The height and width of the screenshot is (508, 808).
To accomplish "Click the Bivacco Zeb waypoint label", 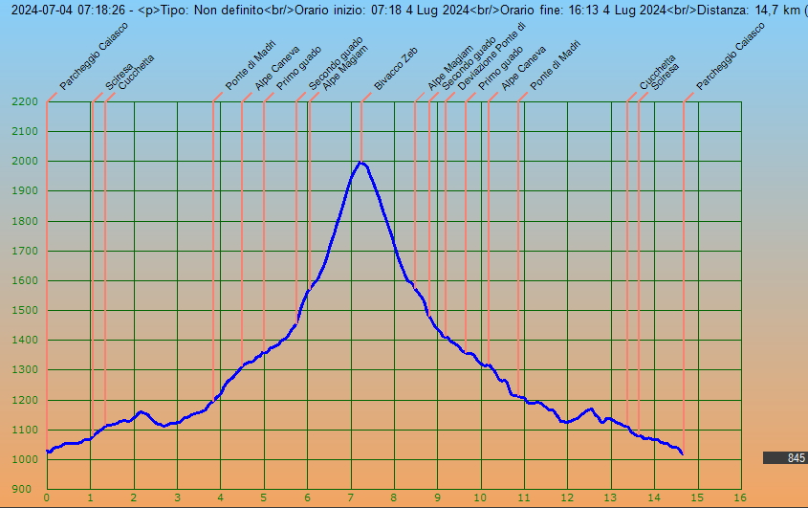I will (394, 72).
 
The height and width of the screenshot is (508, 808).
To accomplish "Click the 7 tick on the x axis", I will (351, 497).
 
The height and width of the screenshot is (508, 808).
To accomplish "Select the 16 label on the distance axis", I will (740, 497).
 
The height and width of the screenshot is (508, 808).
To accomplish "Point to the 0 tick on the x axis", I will (47, 497).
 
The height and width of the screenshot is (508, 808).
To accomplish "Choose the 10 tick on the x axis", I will (480, 497).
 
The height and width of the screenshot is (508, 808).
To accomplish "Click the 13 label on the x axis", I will (610, 497).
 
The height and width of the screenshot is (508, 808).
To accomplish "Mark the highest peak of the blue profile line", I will (360, 163).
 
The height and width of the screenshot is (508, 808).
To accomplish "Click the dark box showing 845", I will (785, 458).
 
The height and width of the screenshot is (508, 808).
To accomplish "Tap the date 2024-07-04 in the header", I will (37, 10).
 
